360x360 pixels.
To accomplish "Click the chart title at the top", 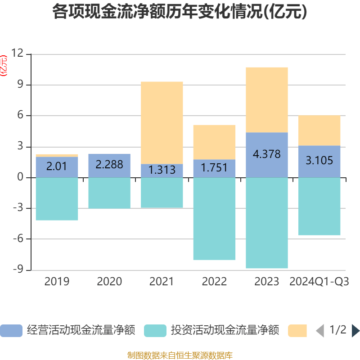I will tap(180, 12).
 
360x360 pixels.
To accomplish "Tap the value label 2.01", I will tap(57, 166).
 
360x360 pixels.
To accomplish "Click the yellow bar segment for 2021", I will tap(162, 122).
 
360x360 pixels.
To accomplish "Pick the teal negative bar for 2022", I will tap(214, 219).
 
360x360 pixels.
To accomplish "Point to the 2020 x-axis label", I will tap(109, 282).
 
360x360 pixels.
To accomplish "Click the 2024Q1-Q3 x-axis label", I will tap(319, 282).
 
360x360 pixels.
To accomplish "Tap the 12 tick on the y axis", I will tap(18, 54).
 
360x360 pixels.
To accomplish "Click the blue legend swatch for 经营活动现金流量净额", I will tap(11, 331).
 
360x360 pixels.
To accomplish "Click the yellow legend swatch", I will tap(297, 331).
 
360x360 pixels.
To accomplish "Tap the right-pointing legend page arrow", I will tap(355, 331).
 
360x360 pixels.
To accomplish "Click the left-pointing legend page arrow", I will tap(320, 331).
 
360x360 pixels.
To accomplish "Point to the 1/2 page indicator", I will tap(337, 330).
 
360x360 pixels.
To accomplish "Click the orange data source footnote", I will tap(180, 355).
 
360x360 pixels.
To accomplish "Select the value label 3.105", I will tap(319, 160).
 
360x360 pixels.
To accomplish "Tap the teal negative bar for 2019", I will tap(57, 199).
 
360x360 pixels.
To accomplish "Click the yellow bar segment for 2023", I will tap(267, 99).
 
